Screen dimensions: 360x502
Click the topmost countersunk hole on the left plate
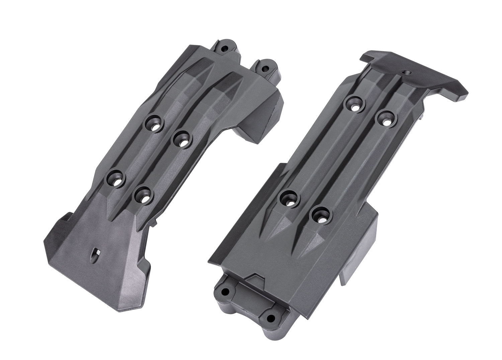pos(155,124)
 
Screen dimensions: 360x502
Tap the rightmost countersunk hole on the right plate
pos(386,120)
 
